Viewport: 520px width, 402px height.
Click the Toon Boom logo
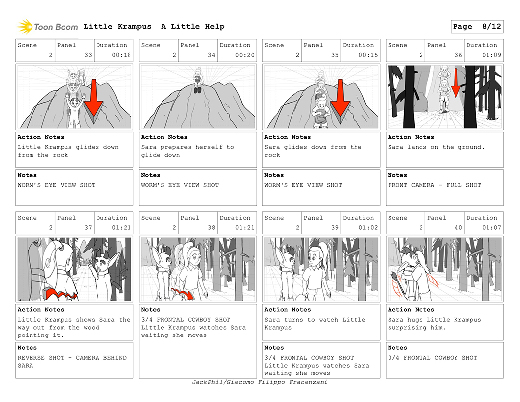(47, 27)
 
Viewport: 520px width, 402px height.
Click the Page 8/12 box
(477, 27)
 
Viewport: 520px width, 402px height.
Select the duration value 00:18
(121, 55)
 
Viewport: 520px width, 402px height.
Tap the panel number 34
(212, 55)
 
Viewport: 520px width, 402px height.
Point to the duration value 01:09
(491, 55)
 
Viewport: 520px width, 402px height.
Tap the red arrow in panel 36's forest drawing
(455, 83)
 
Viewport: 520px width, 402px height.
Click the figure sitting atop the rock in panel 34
(198, 80)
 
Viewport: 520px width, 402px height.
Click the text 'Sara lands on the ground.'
(436, 147)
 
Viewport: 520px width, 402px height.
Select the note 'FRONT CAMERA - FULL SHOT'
(434, 185)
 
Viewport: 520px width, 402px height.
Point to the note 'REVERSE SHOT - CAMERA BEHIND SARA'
(72, 362)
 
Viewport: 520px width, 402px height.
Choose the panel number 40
(458, 228)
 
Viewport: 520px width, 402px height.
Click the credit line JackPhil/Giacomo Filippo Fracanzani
(260, 382)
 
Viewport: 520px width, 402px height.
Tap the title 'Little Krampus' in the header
(117, 27)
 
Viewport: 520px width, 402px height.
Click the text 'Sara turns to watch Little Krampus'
(315, 323)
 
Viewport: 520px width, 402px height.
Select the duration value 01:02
(368, 228)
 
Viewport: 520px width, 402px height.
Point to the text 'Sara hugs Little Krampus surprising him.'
(434, 323)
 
